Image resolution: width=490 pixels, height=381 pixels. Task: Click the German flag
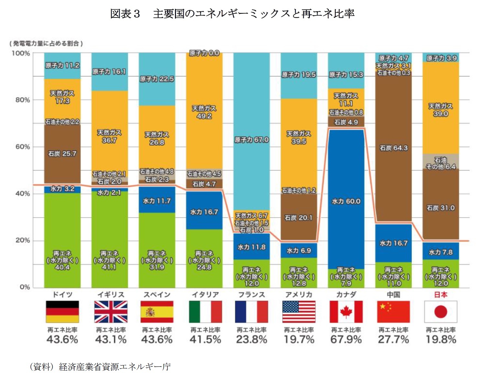[62, 311]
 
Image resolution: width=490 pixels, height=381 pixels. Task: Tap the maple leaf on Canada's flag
[346, 311]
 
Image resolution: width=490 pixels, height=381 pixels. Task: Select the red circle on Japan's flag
[441, 312]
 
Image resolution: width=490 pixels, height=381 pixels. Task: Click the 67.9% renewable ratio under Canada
[346, 340]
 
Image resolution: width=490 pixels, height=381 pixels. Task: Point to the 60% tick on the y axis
[23, 147]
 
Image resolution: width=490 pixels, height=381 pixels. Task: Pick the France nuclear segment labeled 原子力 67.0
[252, 140]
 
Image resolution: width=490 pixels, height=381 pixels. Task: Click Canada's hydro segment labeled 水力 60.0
[346, 201]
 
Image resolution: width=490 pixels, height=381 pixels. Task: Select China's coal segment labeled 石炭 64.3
[393, 148]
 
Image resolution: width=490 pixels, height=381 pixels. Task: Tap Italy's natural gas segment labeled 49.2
[204, 112]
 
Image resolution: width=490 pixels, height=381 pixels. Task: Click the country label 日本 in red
[441, 295]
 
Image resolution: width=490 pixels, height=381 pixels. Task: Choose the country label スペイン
[157, 295]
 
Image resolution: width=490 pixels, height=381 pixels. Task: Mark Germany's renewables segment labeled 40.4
[62, 260]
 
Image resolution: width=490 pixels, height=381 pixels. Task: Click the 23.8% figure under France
[252, 340]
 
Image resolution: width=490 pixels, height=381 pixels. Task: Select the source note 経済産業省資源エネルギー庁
[114, 367]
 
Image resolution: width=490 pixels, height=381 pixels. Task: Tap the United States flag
[299, 311]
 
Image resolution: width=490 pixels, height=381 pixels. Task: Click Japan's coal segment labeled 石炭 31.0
[441, 208]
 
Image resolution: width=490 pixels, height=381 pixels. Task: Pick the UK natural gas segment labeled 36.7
[109, 136]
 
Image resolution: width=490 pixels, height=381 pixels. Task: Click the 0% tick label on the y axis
[25, 287]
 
